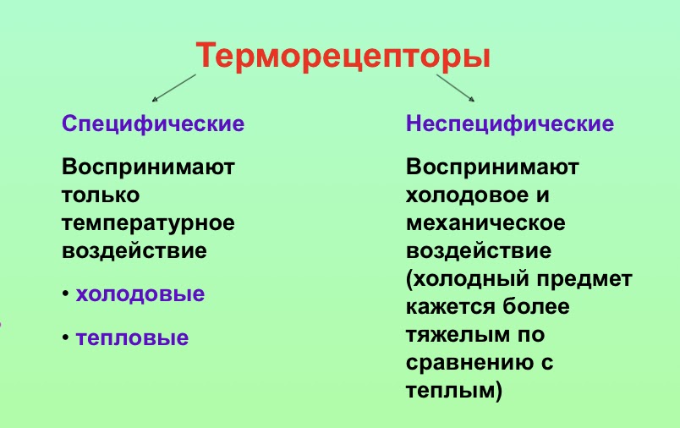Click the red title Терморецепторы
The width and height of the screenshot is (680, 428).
[x=343, y=57]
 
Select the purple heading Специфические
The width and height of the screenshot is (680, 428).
[x=153, y=124]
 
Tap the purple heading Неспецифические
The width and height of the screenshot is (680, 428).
[x=510, y=124]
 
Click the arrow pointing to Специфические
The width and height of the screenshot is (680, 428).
[x=174, y=88]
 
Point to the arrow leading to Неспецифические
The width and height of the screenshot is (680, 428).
[x=455, y=88]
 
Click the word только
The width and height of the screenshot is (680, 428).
[x=101, y=195]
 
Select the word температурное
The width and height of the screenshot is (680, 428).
[x=148, y=224]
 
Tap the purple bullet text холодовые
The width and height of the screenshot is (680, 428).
[x=140, y=294]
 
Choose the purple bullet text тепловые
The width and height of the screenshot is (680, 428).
[x=132, y=338]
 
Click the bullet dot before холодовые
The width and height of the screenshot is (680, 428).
[x=65, y=294]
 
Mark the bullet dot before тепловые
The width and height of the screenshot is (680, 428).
[x=65, y=337]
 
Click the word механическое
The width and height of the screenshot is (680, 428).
[x=485, y=223]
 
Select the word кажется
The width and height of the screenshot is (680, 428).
[x=449, y=307]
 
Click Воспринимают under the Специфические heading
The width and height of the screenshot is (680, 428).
[x=148, y=167]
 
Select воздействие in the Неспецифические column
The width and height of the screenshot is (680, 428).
[x=479, y=251]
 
